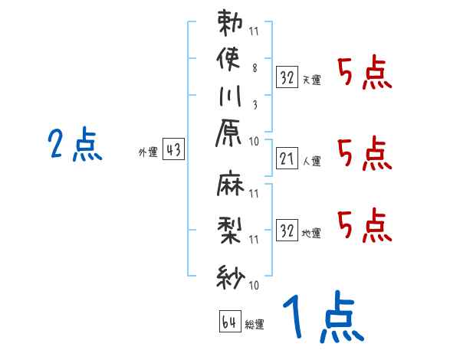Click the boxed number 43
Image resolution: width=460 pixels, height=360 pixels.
coord(172,151)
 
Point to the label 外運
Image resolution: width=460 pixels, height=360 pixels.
coord(148,152)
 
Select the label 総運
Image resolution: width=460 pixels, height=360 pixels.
coord(255,324)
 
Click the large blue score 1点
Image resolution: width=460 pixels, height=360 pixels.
coord(323,319)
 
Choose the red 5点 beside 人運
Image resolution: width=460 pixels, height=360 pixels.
coord(364,154)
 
